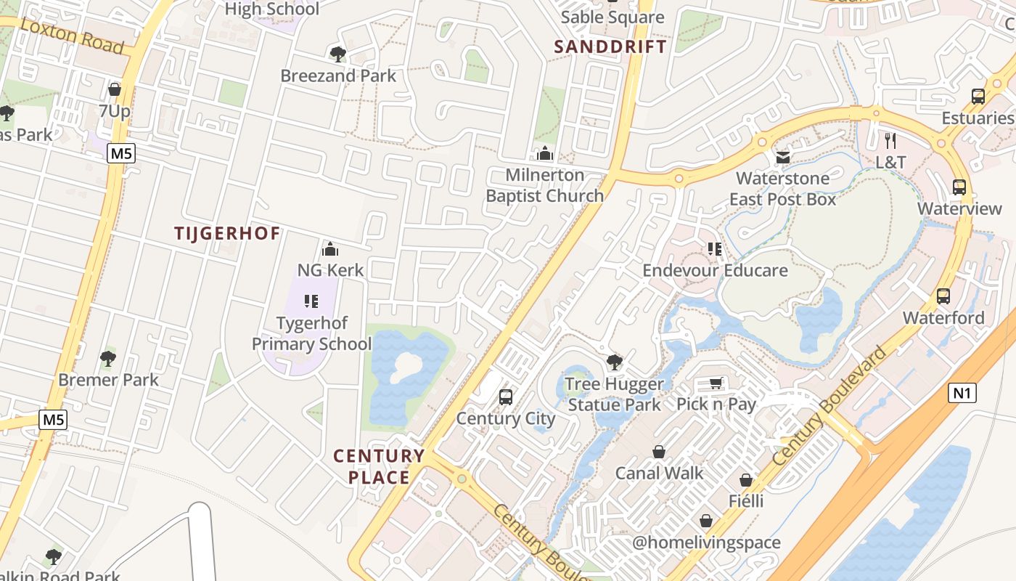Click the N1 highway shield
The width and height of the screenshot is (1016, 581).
962,394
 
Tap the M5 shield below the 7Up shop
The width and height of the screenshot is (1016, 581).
120,153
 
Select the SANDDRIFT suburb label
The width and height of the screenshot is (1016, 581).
610,47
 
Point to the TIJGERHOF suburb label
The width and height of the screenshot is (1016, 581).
226,233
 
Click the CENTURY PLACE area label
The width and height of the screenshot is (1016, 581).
379,466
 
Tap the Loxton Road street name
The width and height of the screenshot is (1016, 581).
73,36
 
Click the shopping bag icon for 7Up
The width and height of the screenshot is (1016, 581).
114,89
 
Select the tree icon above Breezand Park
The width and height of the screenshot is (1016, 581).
337,54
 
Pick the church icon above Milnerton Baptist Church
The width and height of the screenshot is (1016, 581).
544,153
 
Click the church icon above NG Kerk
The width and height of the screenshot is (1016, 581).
330,249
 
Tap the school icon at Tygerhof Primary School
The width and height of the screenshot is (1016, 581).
311,301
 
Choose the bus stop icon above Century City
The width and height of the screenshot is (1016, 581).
506,397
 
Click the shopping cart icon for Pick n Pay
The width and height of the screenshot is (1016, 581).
716,383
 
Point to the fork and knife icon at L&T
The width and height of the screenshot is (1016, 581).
890,140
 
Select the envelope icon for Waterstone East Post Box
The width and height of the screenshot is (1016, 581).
782,157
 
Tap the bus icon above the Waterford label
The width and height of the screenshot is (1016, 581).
943,296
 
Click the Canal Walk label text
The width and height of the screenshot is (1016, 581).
659,474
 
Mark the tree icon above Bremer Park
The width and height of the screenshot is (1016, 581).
108,358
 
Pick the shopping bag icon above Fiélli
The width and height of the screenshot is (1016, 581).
746,480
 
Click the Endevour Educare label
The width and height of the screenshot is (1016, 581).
715,271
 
